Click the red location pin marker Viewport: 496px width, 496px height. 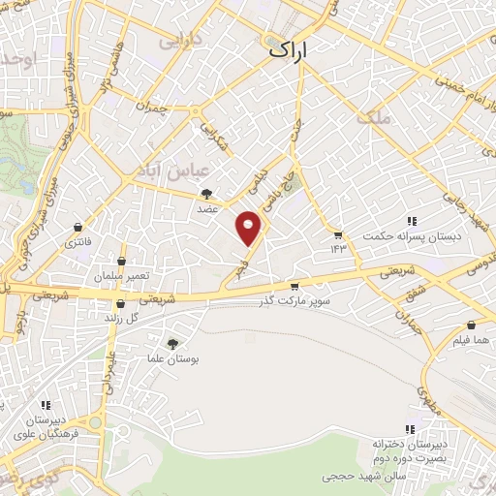point(250,228)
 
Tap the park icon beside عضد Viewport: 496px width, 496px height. point(207,194)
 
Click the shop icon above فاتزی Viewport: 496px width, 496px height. point(76,227)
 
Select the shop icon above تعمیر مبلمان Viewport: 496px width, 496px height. point(121,262)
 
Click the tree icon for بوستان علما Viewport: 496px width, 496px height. point(173,343)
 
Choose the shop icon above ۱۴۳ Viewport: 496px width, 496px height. point(337,235)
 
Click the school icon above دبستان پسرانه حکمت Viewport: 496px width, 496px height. point(412,221)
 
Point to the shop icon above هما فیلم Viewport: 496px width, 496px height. point(471,326)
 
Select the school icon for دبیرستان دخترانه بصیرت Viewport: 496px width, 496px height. point(411,429)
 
